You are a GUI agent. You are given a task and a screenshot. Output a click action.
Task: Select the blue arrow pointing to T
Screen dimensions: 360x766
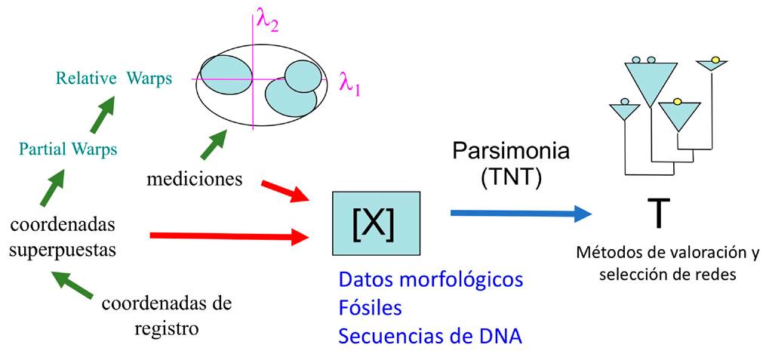(520, 213)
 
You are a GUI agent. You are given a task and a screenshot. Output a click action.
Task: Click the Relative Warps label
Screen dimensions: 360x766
(114, 78)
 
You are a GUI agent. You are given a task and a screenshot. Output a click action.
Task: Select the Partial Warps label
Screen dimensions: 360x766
(69, 149)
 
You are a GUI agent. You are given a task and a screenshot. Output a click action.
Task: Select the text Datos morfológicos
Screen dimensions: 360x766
(431, 280)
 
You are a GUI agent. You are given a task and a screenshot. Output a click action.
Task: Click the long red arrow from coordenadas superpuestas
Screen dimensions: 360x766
(231, 238)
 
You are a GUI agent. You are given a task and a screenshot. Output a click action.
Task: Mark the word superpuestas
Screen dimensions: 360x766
(60, 249)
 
